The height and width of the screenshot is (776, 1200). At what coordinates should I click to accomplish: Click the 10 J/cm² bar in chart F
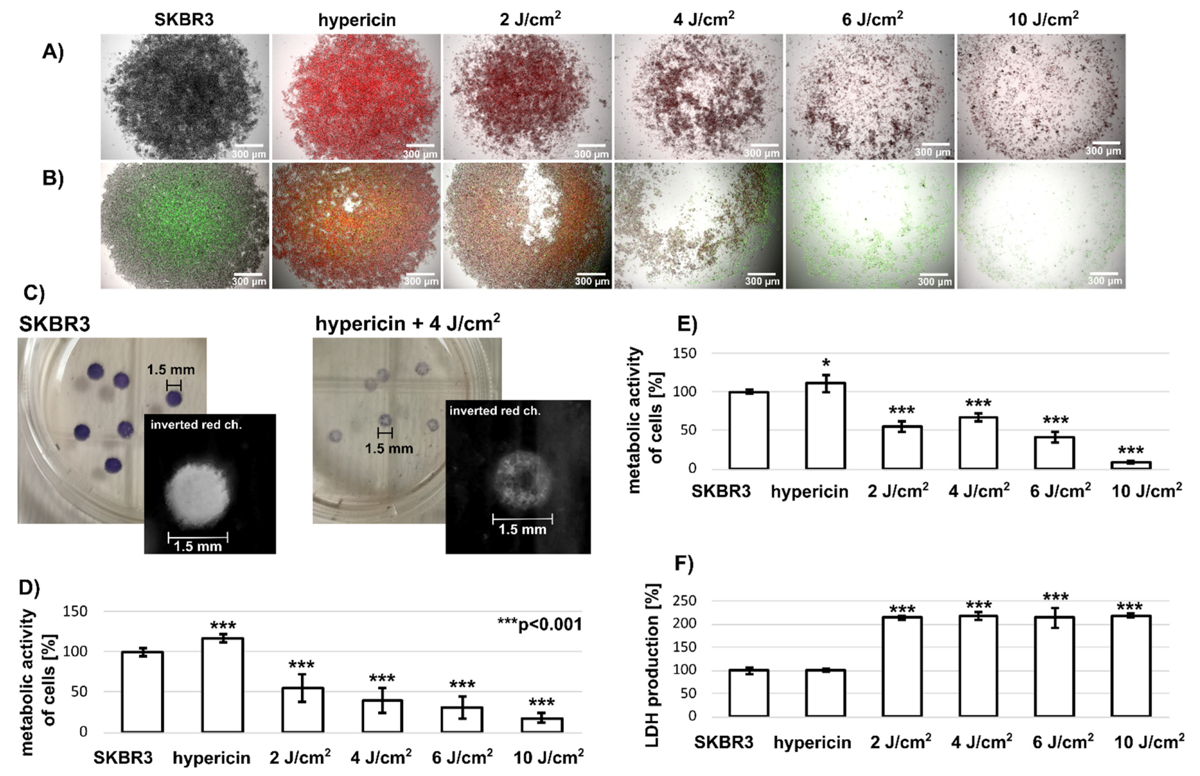pos(1130,666)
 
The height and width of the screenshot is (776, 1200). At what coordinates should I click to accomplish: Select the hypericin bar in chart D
pos(222,685)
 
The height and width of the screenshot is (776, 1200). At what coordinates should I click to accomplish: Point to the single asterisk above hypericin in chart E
pos(825,363)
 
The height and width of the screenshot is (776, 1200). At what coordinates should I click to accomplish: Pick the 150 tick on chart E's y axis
pos(684,353)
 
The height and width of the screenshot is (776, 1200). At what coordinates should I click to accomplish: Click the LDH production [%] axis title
pos(652,665)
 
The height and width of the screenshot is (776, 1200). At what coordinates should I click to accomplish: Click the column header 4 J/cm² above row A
pos(703,19)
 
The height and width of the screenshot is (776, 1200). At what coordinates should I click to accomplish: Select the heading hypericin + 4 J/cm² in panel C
pos(407,323)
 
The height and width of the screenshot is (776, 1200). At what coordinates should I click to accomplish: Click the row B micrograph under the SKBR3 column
pos(185,225)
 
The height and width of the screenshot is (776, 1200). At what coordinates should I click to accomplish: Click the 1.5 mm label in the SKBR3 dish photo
pos(170,370)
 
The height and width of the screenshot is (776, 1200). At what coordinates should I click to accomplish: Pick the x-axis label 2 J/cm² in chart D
pos(300,757)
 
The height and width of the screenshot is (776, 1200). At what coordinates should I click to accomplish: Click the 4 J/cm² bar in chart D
pos(382,715)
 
